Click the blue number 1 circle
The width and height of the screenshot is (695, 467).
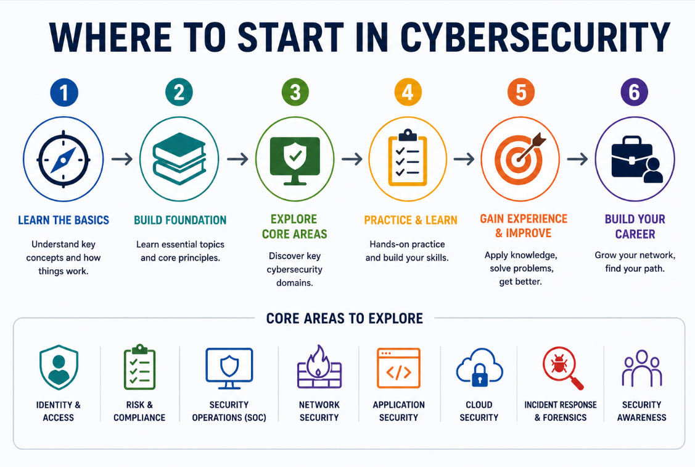point(64,92)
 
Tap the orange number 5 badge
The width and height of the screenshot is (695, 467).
point(521,92)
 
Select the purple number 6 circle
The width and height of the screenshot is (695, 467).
point(635,92)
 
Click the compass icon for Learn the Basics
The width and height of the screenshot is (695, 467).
point(64,159)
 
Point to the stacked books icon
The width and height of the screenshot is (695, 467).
point(179,159)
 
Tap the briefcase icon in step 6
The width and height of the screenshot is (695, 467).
point(637,159)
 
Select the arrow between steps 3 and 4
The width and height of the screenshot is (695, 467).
point(352,159)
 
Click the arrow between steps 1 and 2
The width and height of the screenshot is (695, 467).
point(122,159)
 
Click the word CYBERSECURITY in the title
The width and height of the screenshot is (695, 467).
point(535,37)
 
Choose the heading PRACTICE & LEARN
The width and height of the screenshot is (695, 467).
point(411,220)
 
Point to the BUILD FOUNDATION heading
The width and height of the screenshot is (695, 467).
point(180,220)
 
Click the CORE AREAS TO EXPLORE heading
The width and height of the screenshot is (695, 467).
point(344,318)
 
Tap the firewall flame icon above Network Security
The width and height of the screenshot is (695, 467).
point(319,367)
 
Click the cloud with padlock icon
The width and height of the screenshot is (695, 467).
point(479,367)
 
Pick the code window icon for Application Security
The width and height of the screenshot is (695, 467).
point(398,368)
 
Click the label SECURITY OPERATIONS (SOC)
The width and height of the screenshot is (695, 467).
point(229,411)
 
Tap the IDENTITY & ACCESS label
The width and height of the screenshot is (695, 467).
point(59,411)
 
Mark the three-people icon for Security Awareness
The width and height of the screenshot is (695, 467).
point(642,368)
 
